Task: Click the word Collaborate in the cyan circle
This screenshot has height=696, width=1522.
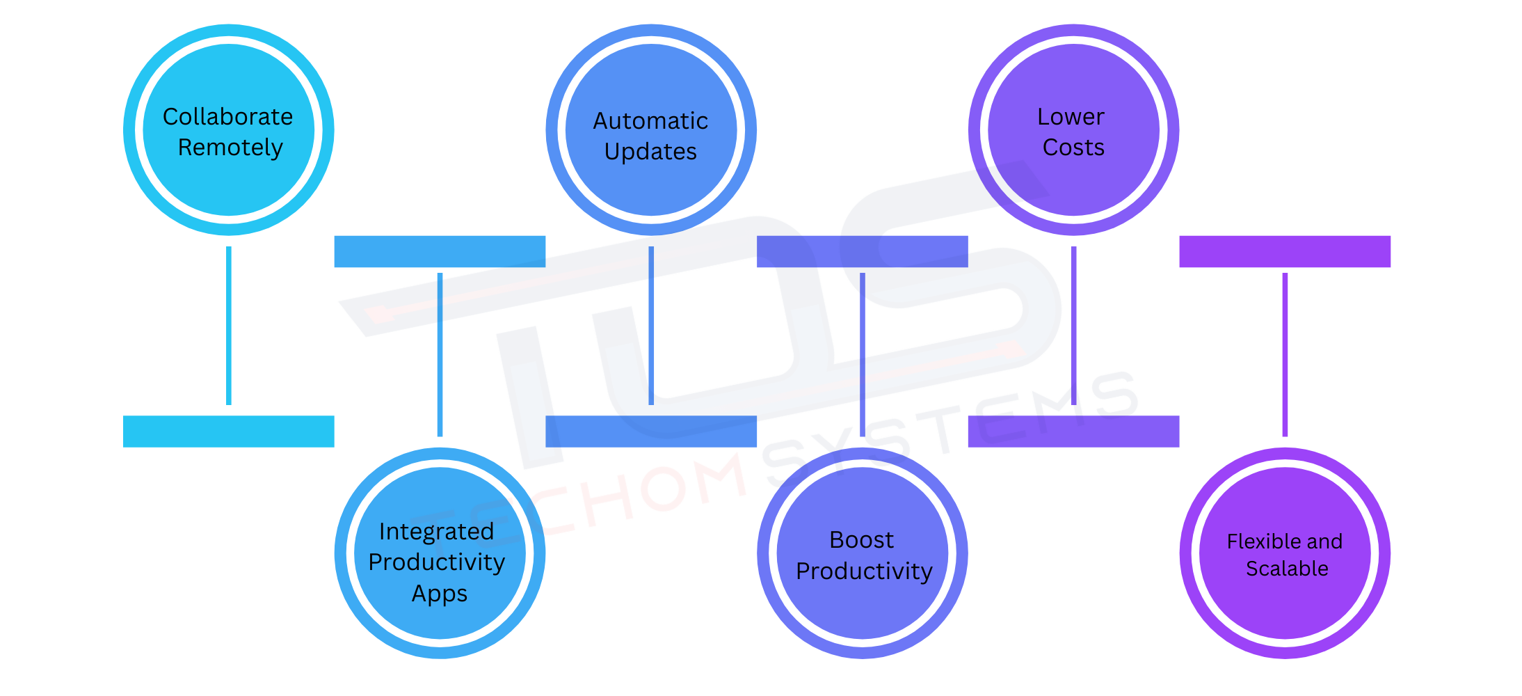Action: pyautogui.click(x=227, y=117)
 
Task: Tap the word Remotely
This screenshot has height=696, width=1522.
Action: pyautogui.click(x=230, y=148)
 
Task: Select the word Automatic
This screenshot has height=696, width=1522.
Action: pyautogui.click(x=650, y=121)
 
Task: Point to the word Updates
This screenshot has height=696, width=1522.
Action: pyautogui.click(x=650, y=152)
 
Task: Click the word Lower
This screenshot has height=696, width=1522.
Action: pyautogui.click(x=1071, y=117)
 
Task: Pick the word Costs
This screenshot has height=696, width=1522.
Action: pyautogui.click(x=1073, y=148)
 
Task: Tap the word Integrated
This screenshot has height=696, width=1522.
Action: pyautogui.click(x=436, y=532)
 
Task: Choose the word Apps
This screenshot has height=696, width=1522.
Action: pyautogui.click(x=440, y=594)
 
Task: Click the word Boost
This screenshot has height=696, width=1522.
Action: pyautogui.click(x=861, y=540)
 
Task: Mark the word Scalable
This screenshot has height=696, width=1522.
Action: pyautogui.click(x=1287, y=569)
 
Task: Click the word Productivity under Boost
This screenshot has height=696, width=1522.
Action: pyautogui.click(x=864, y=571)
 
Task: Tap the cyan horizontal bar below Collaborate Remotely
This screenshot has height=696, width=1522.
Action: pyautogui.click(x=228, y=432)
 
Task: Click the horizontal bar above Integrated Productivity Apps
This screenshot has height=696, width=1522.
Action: pyautogui.click(x=440, y=251)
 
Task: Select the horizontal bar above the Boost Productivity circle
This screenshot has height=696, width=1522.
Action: pyautogui.click(x=862, y=251)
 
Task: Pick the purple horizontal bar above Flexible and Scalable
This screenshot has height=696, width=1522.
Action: pyautogui.click(x=1284, y=251)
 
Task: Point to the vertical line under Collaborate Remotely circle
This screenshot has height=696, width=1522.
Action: pyautogui.click(x=228, y=326)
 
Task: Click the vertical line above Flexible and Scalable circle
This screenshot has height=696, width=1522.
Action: pyautogui.click(x=1285, y=355)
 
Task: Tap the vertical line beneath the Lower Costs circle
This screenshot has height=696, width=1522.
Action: pyautogui.click(x=1073, y=326)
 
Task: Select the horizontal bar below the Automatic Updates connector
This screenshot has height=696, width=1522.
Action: pyautogui.click(x=650, y=432)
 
